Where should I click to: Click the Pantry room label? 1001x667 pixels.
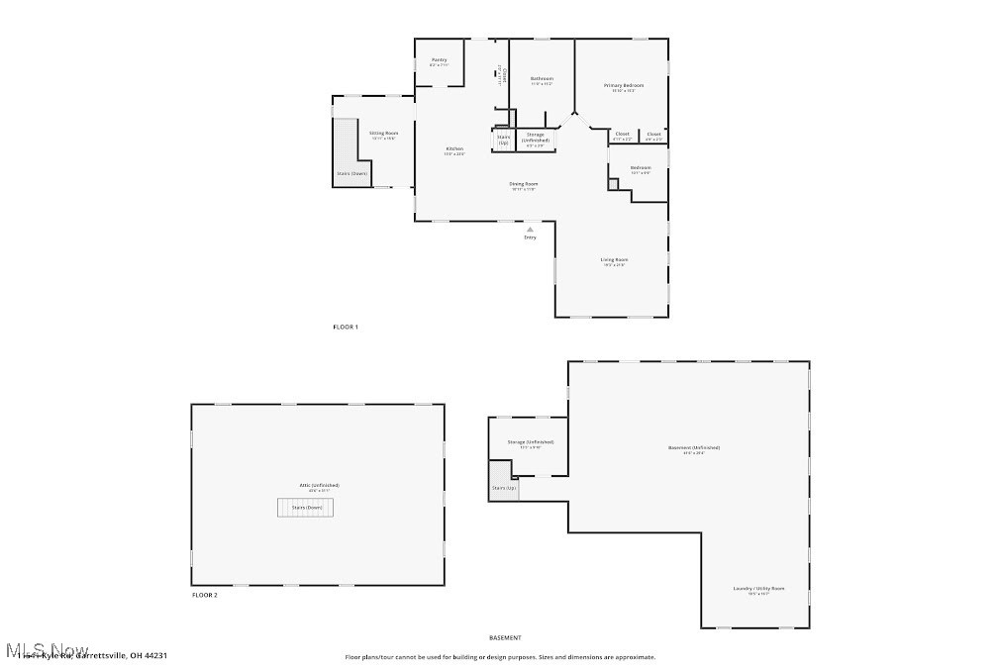(x=439, y=59)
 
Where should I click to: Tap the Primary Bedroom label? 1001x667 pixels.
(x=624, y=86)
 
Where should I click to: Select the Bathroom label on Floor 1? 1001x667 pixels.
(x=542, y=78)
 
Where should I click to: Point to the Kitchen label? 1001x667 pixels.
(x=454, y=148)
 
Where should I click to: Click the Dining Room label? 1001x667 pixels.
(x=524, y=183)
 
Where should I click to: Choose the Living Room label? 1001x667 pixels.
(x=614, y=259)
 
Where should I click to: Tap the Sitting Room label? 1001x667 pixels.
(x=383, y=133)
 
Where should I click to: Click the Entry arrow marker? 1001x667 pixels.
(x=530, y=229)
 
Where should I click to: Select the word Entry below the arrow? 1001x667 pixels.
(x=530, y=238)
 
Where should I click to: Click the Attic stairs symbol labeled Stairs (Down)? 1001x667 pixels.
(x=306, y=507)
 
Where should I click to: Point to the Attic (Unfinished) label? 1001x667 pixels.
(x=319, y=485)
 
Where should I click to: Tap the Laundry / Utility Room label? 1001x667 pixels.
(x=758, y=588)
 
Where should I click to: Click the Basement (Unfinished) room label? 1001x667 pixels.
(x=693, y=447)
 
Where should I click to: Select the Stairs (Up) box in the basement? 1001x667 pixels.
(x=503, y=488)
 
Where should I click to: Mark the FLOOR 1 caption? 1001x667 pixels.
(x=345, y=327)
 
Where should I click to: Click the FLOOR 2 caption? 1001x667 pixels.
(x=204, y=595)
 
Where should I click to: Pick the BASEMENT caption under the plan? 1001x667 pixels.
(x=505, y=638)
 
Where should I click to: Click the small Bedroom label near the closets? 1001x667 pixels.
(x=641, y=168)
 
